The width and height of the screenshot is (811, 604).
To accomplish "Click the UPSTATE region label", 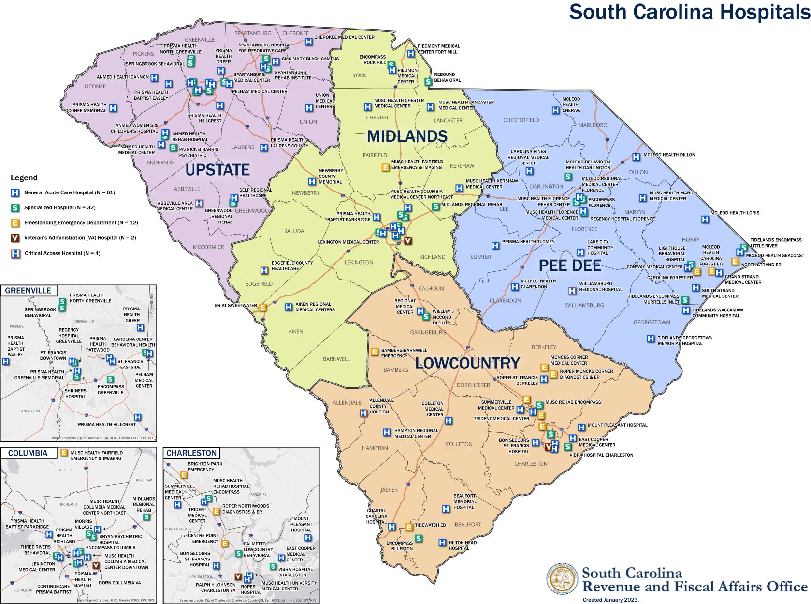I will pos(217,170).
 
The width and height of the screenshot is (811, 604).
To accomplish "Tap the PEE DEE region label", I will pos(570,265).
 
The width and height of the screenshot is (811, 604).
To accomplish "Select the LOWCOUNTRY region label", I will pos(467,363).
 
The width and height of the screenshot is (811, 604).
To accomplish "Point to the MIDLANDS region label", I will pos(407,136).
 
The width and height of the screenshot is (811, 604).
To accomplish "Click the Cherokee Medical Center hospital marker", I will pos(309,42).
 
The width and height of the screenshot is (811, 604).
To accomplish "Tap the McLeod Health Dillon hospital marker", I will pos(636,157).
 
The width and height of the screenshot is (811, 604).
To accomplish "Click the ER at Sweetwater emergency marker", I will pos(262,307).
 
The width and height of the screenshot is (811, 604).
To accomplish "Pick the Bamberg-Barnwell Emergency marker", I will pos(374,352).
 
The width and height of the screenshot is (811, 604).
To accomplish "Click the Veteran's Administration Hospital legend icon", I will pos(15,238).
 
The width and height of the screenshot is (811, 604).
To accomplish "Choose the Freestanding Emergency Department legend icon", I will pos(15,223).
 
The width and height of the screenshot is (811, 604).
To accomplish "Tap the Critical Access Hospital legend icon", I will pos(15,253).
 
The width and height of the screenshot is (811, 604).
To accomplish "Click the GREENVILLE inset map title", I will pos(28,291).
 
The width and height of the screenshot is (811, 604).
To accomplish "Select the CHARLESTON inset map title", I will pos(191,453).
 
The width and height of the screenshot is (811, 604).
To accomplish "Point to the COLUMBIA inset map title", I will pos(28,453).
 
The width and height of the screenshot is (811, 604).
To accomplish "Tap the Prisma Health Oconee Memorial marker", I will pos(113,108).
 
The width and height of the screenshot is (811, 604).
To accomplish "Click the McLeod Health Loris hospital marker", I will pos(705,219).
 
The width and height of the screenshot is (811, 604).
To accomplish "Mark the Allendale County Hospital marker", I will pos(363,413).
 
